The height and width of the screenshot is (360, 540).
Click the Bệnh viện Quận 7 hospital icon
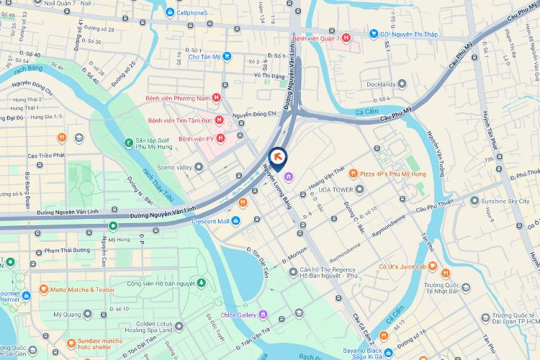(x=346, y=37)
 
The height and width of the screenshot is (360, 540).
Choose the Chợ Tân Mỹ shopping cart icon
(x=227, y=56)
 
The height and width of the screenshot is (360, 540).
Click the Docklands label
(x=381, y=84)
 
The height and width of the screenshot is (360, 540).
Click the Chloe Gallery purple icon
(x=264, y=315)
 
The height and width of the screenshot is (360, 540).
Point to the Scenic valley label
(x=174, y=167)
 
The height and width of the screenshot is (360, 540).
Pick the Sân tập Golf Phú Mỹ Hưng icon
(x=127, y=143)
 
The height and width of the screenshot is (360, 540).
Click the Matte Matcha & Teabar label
(x=83, y=289)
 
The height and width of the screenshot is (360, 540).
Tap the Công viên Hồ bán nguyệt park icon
(x=202, y=283)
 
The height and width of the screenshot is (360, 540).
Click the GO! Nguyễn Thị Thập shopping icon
(x=373, y=33)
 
